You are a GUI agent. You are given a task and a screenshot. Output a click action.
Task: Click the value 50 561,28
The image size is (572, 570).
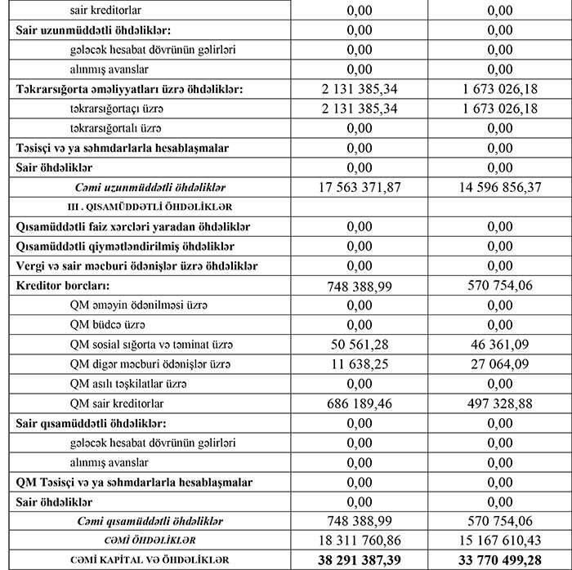click(370, 344)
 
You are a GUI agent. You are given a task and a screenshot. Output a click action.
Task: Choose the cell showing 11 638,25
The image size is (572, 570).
click(370, 363)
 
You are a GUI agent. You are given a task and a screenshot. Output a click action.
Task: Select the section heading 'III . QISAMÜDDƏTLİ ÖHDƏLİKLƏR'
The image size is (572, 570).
click(146, 207)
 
